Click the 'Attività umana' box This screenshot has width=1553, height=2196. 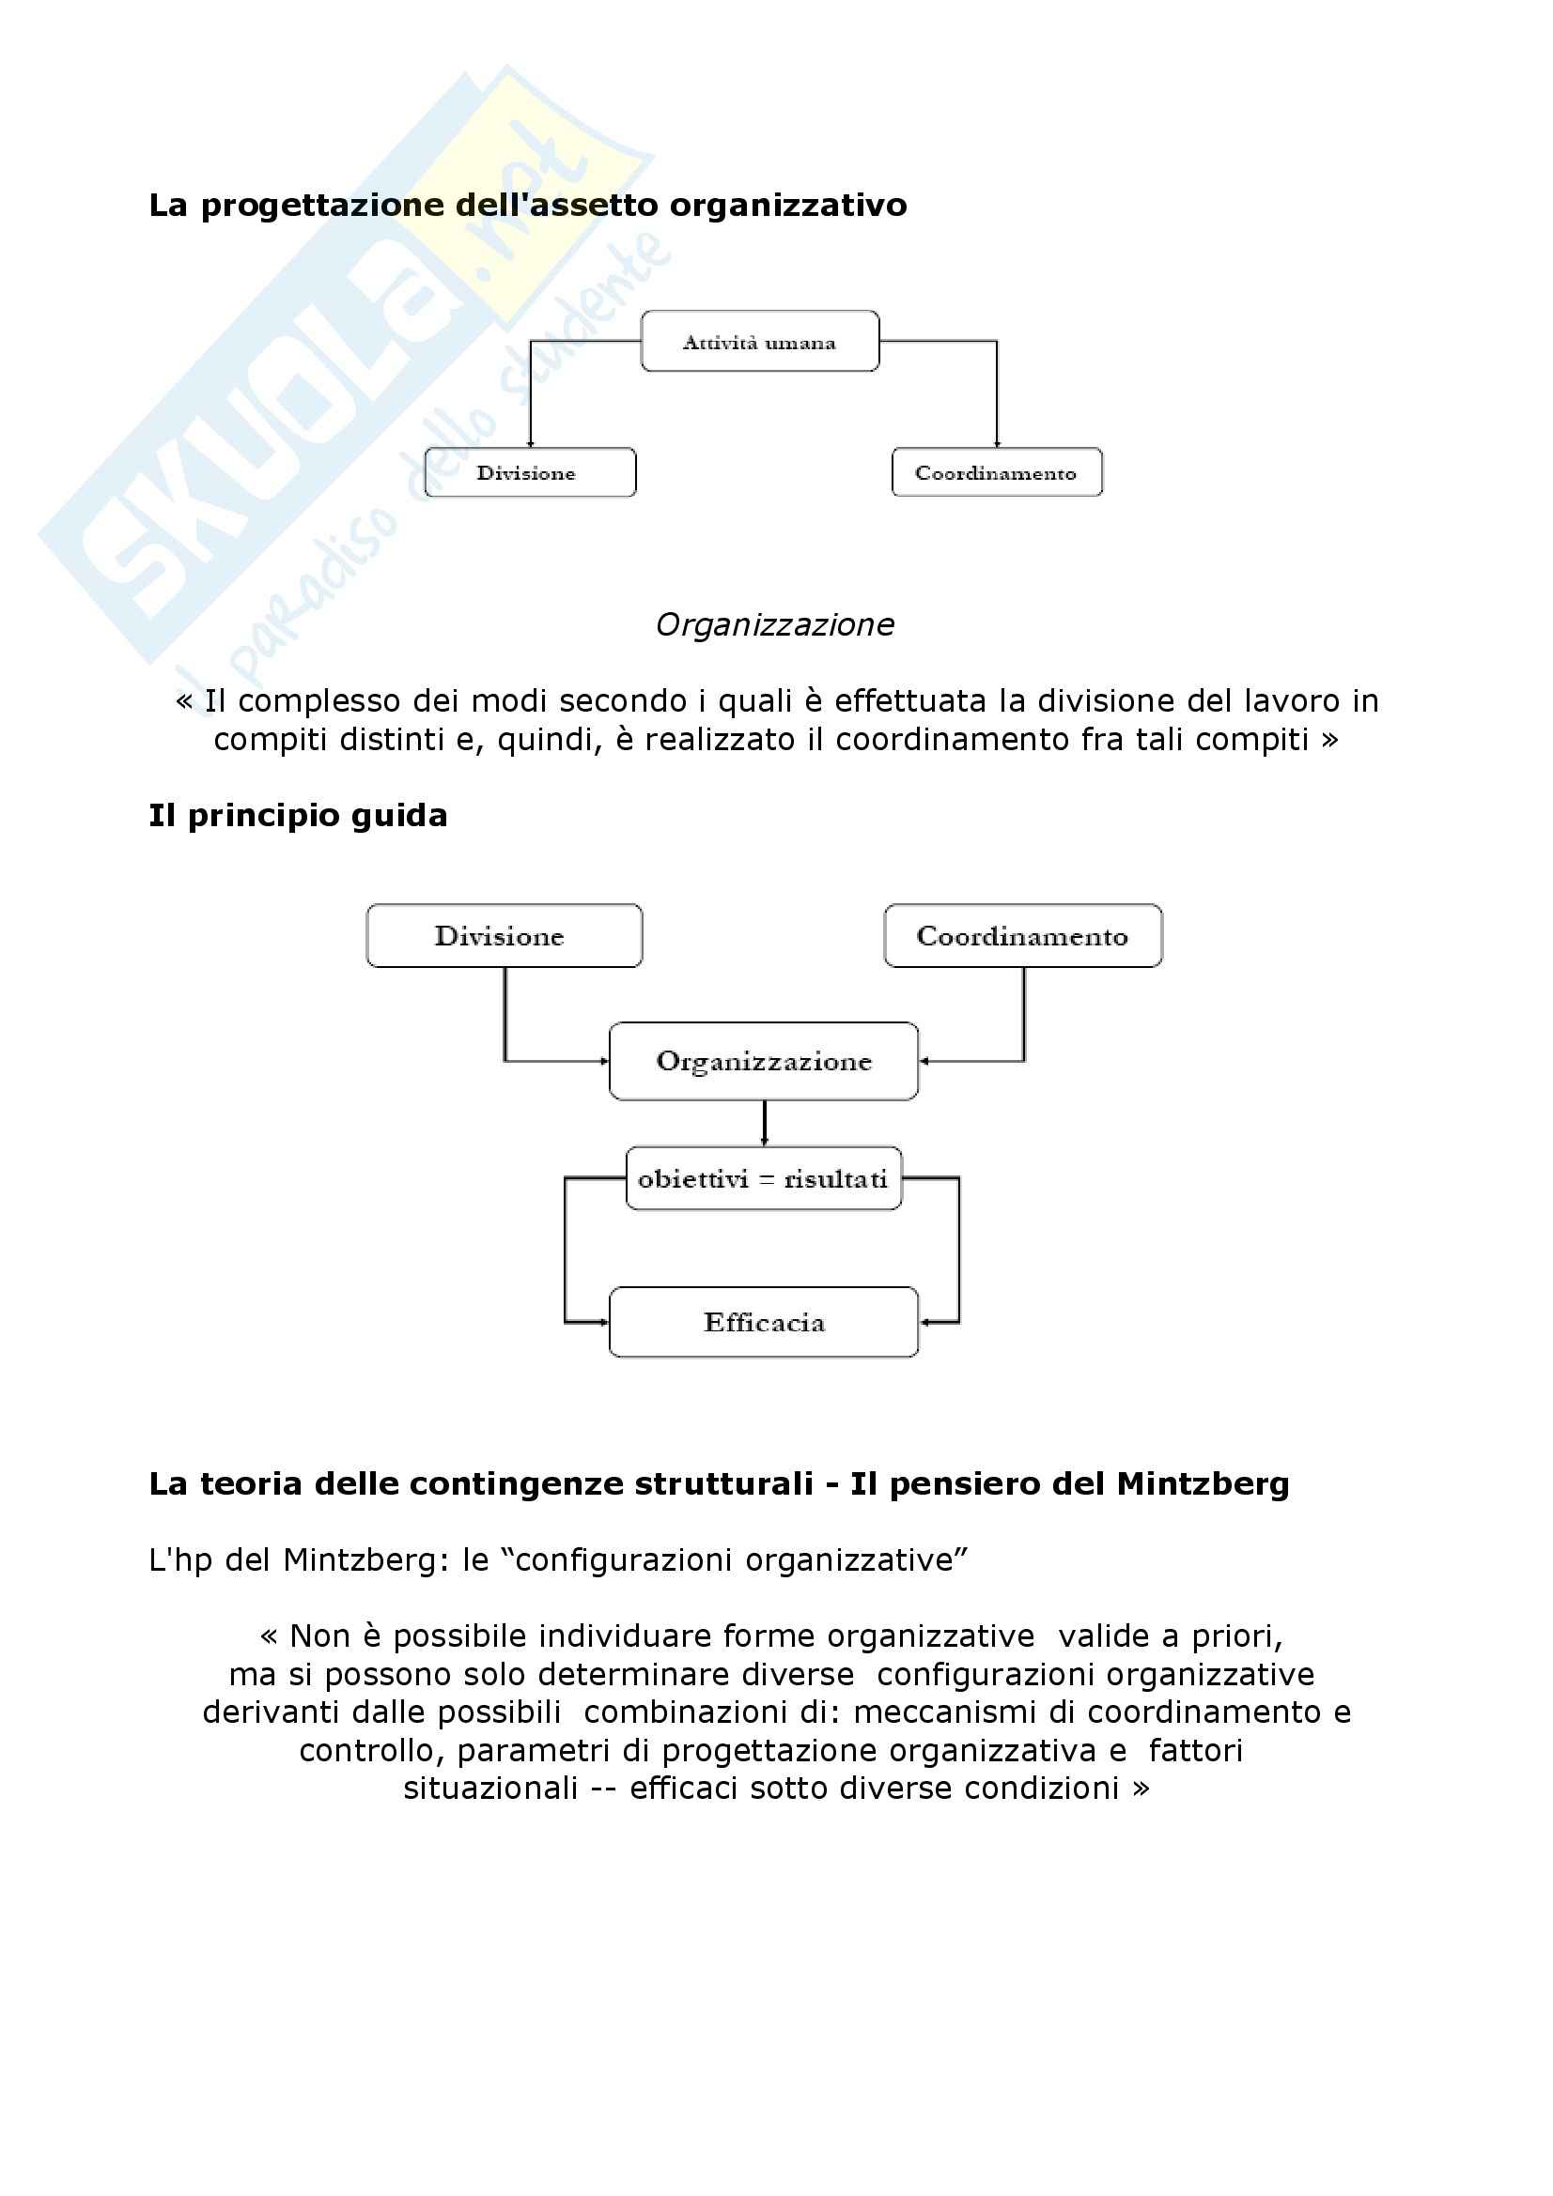point(760,342)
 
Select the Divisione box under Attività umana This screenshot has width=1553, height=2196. point(529,472)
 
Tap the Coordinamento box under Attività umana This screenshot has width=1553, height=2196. point(996,472)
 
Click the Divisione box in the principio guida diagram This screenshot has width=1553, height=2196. point(504,935)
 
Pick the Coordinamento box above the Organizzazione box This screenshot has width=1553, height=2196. point(1022,935)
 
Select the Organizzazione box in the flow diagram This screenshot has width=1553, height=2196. point(764,1061)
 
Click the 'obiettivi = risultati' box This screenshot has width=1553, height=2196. point(764,1178)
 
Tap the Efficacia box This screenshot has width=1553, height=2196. point(764,1322)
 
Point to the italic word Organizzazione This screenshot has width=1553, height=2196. point(775,624)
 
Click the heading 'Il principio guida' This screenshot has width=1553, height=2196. point(298,816)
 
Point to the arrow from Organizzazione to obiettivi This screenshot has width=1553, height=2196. point(764,1124)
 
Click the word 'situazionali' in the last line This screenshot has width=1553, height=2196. point(489,1788)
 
